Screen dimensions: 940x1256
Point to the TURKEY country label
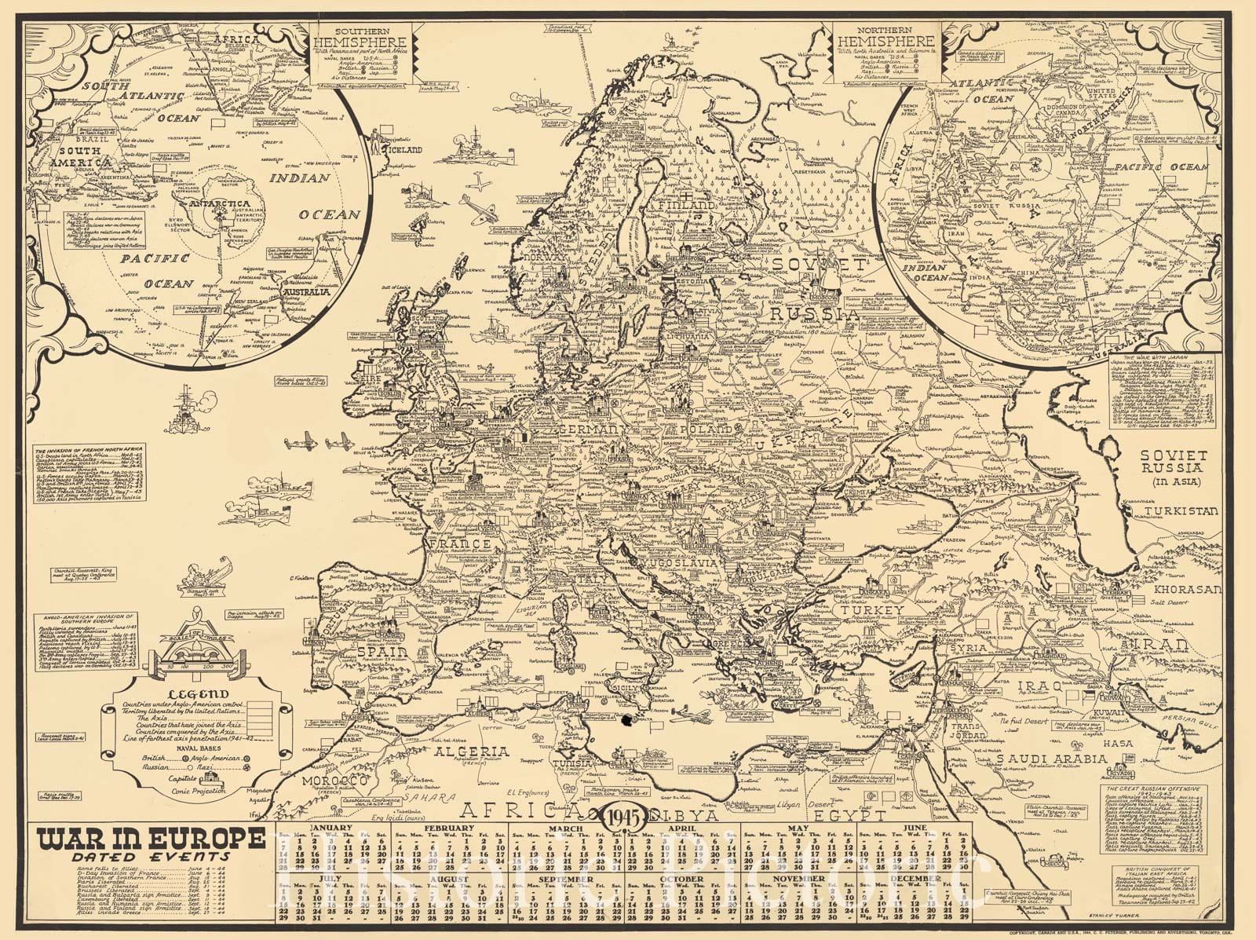[873, 610]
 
